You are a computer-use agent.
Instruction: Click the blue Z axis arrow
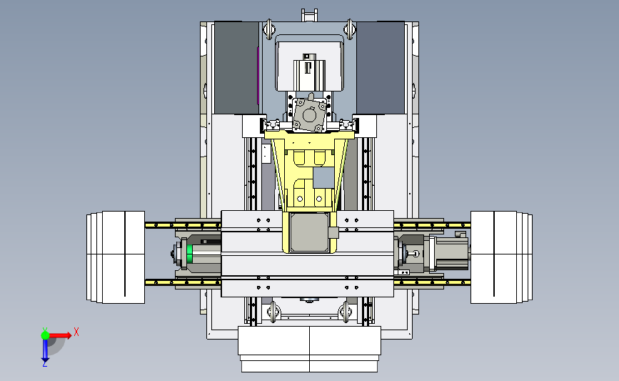click(45, 350)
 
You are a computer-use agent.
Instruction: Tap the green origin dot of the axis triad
click(45, 335)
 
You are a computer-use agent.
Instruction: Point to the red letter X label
click(76, 332)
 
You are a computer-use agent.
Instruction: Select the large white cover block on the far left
click(116, 257)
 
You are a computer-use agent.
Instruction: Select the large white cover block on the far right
click(501, 257)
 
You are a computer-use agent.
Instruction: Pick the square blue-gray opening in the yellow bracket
click(323, 177)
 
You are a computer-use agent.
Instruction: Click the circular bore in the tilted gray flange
click(308, 116)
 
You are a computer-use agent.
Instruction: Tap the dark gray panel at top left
click(236, 68)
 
